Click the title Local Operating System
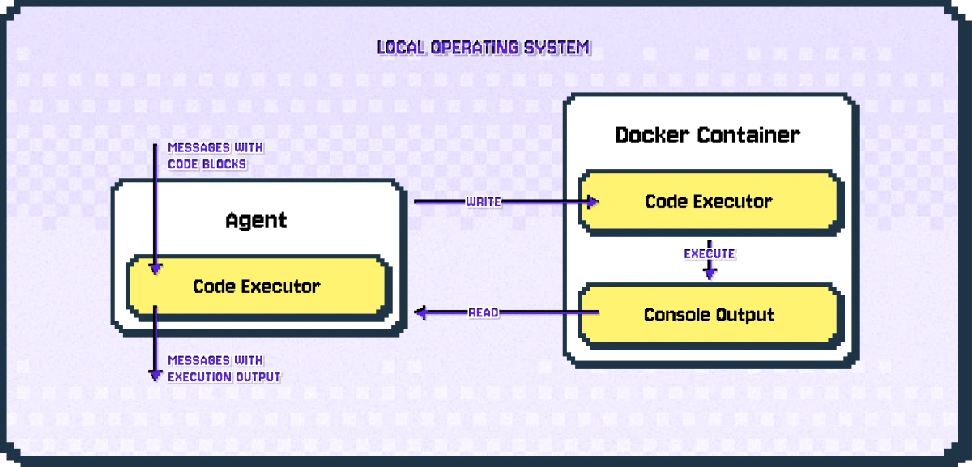[x=484, y=48]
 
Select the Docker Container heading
[x=707, y=135]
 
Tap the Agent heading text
[x=256, y=220]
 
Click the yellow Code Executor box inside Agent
[x=257, y=287]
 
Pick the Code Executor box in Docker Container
[x=708, y=202]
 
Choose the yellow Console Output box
[x=708, y=315]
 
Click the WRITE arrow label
[x=483, y=202]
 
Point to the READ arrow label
[x=484, y=312]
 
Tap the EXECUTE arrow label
[x=709, y=254]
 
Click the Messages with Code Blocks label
[x=215, y=156]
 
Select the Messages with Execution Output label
[x=224, y=368]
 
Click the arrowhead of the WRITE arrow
[x=593, y=202]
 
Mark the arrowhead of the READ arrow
[x=420, y=312]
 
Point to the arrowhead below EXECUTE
[x=710, y=274]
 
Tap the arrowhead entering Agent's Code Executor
[x=155, y=269]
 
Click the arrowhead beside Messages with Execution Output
[x=155, y=375]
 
